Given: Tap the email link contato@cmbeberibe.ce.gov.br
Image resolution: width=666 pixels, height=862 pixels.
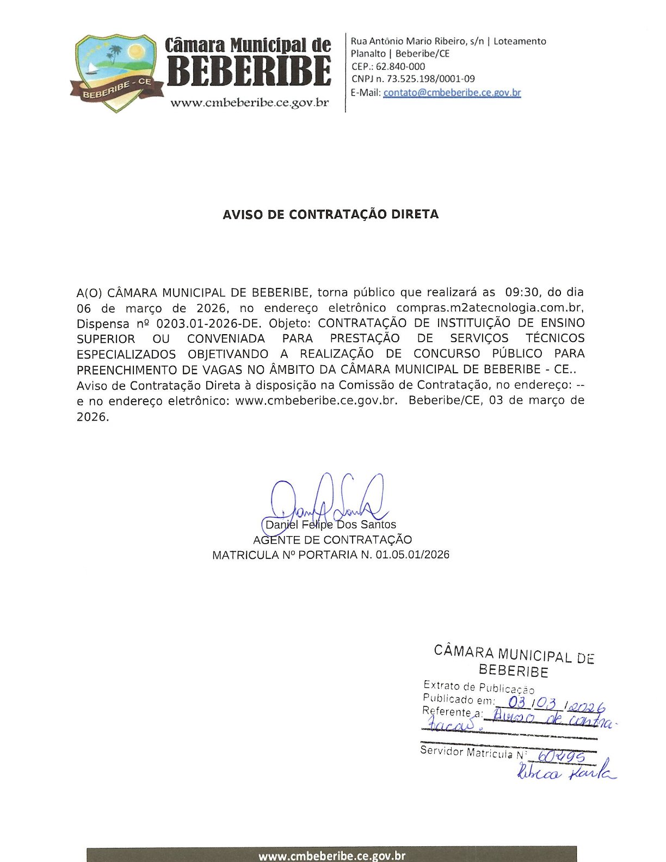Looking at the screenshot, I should coord(452,93).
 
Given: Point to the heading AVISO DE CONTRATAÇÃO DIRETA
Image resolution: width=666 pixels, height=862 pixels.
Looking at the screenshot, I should coord(330,214).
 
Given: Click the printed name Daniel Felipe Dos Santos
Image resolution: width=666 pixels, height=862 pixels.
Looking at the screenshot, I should coord(331,525).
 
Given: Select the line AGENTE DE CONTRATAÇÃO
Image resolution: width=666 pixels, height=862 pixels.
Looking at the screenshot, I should coord(332,540).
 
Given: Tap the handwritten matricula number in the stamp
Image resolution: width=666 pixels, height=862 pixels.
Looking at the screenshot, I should coord(560,757).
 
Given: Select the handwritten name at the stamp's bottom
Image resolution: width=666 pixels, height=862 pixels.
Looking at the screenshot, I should coord(566,773).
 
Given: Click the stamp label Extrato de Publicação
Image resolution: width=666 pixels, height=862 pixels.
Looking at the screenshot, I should coord(478,687).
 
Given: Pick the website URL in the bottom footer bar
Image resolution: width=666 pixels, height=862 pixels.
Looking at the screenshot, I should coord(331,856).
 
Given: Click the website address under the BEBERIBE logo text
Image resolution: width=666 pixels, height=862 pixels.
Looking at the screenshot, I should coord(249,103).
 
